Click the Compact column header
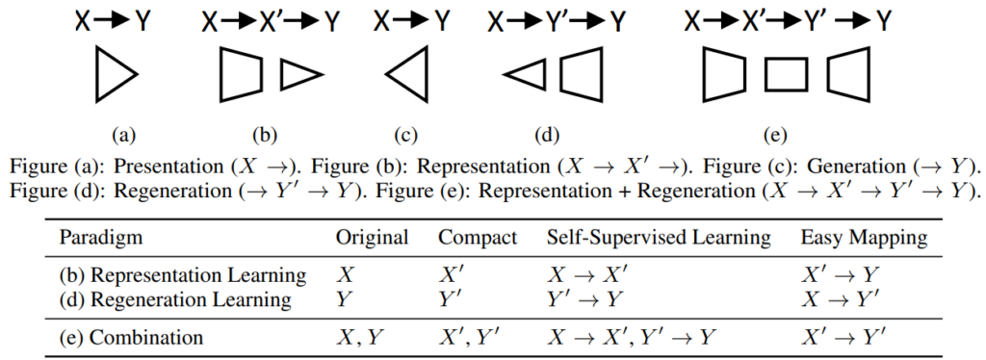pyautogui.click(x=477, y=237)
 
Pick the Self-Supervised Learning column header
pyautogui.click(x=659, y=237)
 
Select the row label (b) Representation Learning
pyautogui.click(x=183, y=275)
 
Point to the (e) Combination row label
pyautogui.click(x=132, y=337)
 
